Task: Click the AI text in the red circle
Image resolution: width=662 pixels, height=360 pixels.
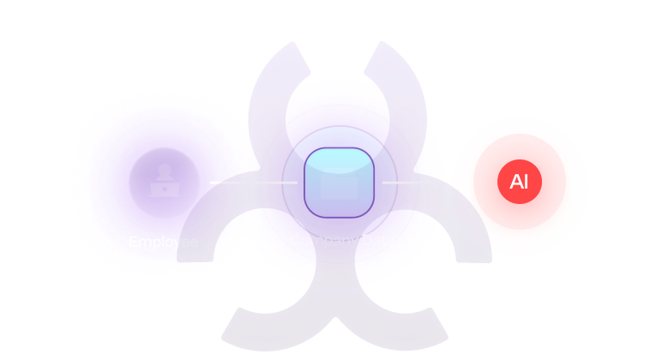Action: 519,183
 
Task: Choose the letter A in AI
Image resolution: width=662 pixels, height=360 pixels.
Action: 515,183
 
